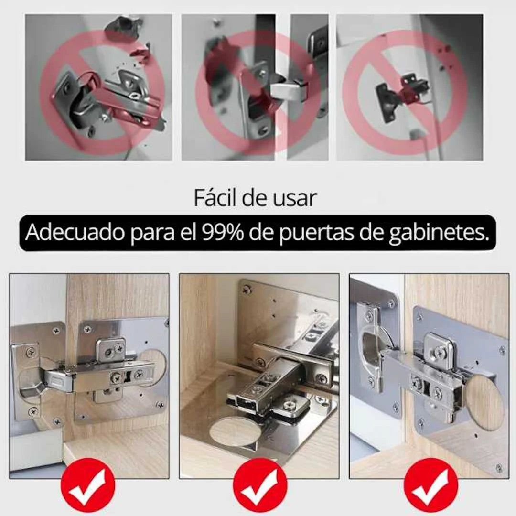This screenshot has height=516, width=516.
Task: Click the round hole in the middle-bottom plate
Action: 236,431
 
